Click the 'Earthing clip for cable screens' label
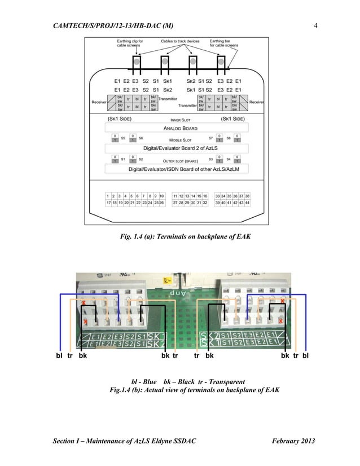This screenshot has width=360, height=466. tap(130, 43)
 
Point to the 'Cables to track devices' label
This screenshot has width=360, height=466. tap(179, 41)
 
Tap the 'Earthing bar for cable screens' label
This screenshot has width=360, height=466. tap(224, 43)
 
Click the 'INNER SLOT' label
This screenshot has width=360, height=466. tap(181, 120)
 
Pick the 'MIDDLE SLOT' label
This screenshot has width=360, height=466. tap(181, 139)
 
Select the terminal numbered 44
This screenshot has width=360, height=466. tap(247, 202)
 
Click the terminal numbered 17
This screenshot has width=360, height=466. tap(108, 202)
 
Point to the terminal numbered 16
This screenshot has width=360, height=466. tap(205, 195)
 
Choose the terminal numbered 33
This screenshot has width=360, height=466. tap(218, 195)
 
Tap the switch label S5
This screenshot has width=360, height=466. tap(122, 138)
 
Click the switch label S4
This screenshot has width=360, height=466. tap(229, 159)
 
